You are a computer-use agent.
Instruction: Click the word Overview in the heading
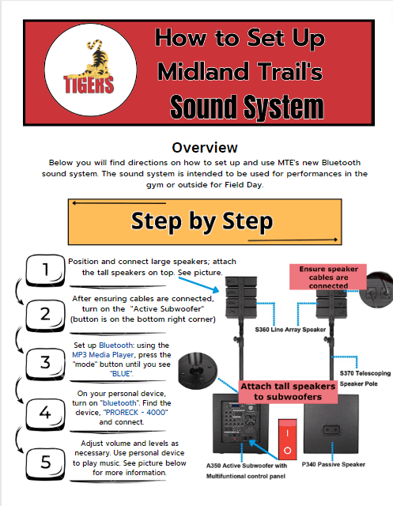coord(204,148)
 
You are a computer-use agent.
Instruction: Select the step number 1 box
coord(45,271)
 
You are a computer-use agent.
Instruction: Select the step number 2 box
coord(45,313)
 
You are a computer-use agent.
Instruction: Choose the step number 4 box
coord(45,410)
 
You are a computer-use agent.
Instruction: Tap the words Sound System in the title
coord(247,106)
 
